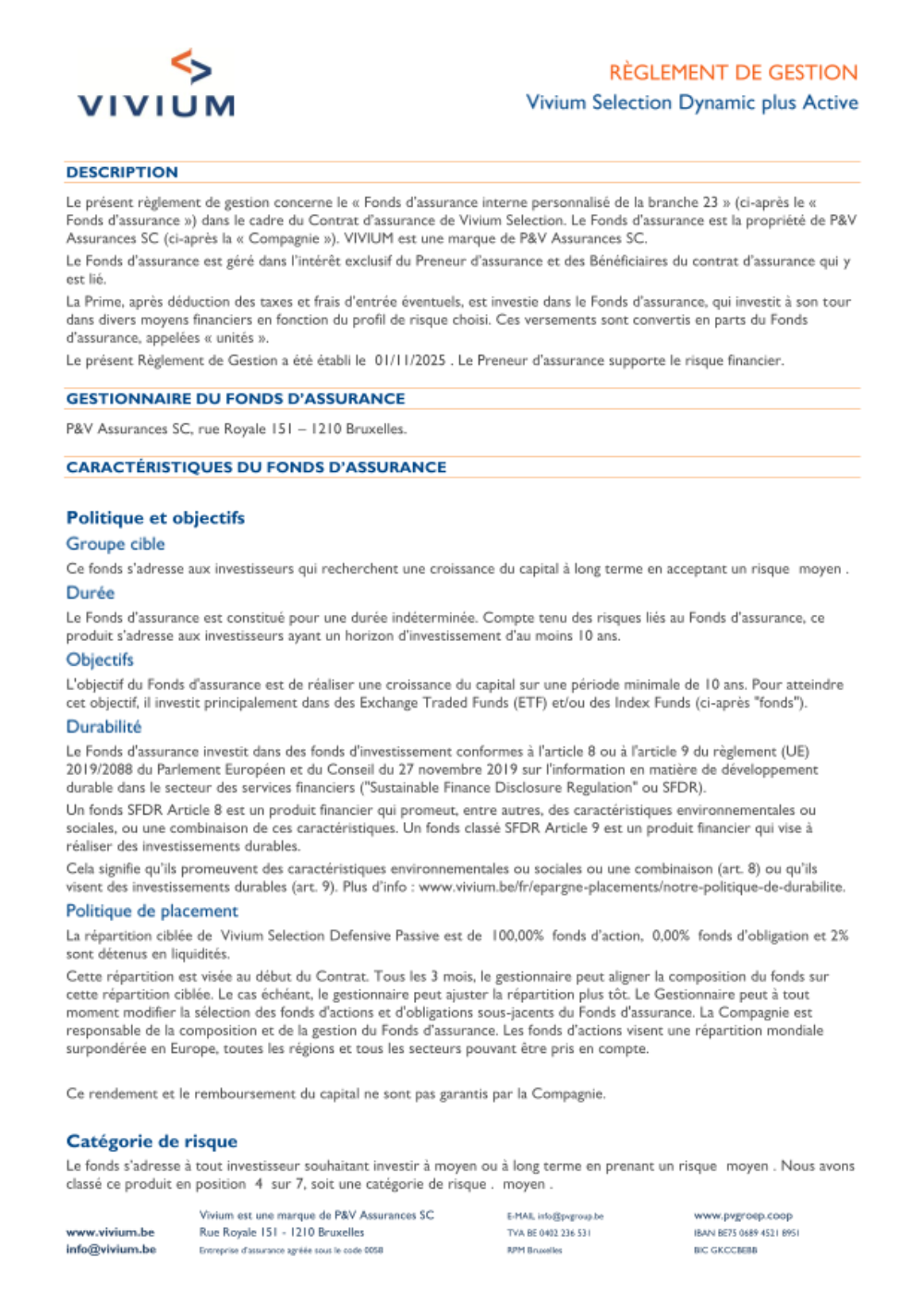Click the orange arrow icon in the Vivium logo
click(x=191, y=66)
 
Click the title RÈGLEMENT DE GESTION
click(x=733, y=72)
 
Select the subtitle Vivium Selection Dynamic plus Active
click(x=691, y=103)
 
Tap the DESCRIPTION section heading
click(x=122, y=173)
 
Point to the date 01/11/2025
click(x=410, y=360)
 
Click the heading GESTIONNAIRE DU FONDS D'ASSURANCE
click(x=235, y=399)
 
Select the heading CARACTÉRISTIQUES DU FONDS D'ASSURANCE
click(x=256, y=467)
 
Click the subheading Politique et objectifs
click(x=155, y=518)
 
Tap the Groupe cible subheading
click(x=115, y=544)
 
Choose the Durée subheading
click(x=91, y=593)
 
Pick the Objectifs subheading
click(x=100, y=659)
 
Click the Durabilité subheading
click(x=103, y=727)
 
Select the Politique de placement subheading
click(x=152, y=911)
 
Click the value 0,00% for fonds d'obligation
click(x=671, y=936)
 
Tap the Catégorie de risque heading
click(x=152, y=1142)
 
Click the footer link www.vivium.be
click(x=110, y=1232)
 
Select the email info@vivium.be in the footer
click(x=111, y=1250)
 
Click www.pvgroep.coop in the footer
click(x=743, y=1215)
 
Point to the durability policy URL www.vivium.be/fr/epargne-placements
click(x=631, y=887)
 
